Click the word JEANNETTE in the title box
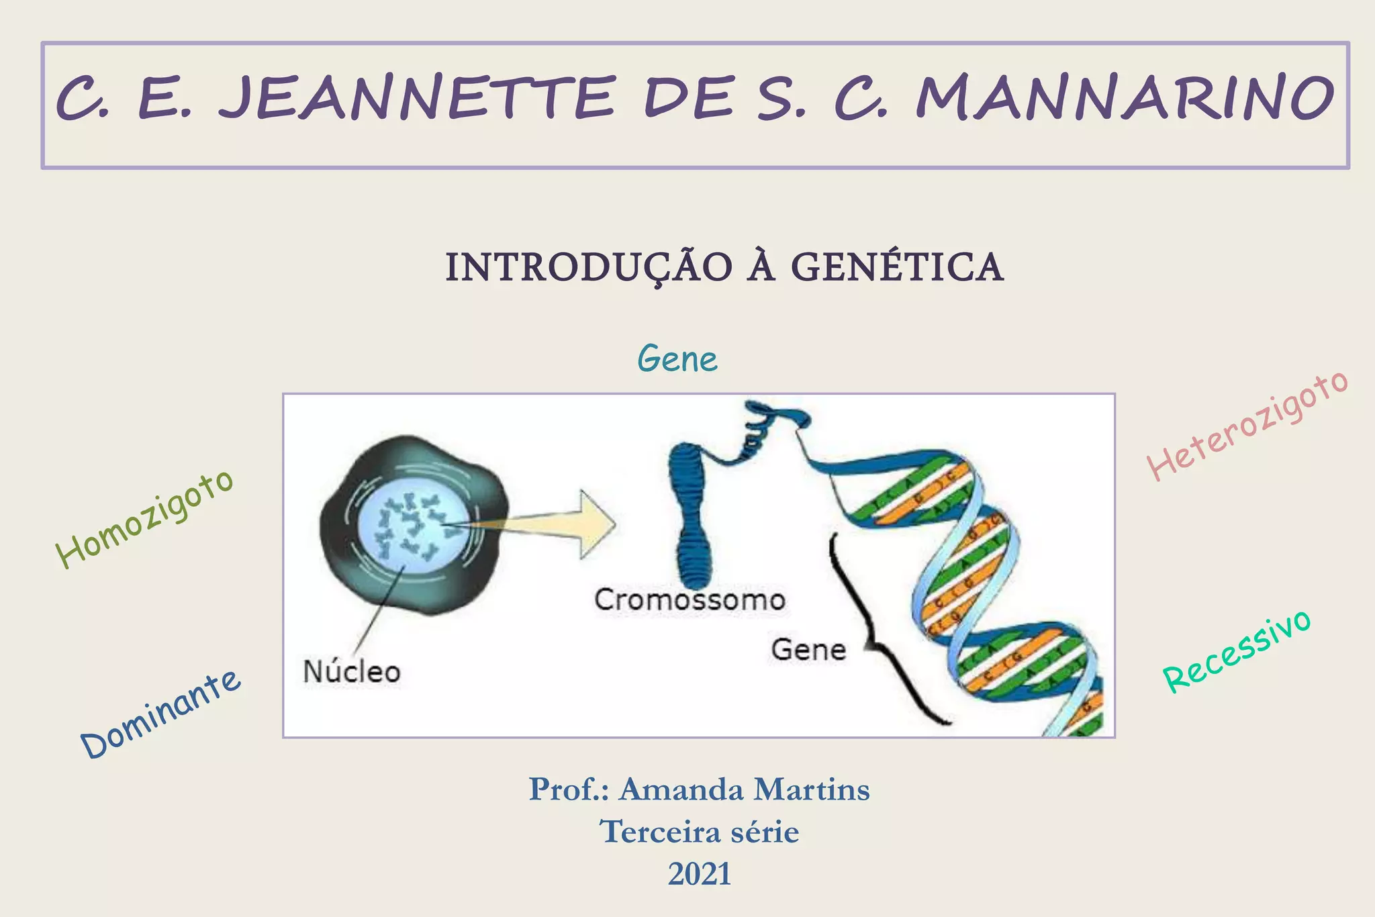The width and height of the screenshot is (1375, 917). [x=416, y=99]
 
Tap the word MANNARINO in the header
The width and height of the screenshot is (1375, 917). [x=1125, y=99]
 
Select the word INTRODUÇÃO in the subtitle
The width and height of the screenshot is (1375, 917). [x=589, y=267]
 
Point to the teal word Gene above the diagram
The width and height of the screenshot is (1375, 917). [x=677, y=358]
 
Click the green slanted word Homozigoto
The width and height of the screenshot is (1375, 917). [x=145, y=518]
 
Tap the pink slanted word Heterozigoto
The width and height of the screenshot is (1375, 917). [x=1247, y=426]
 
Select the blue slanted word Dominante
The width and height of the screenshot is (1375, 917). [x=160, y=714]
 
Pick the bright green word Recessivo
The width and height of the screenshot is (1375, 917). [x=1236, y=651]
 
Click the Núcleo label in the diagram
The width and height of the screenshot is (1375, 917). [x=352, y=671]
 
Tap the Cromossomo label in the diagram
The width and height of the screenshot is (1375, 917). [x=690, y=599]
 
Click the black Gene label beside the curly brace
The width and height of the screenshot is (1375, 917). [x=808, y=650]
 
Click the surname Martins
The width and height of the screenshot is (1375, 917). [x=810, y=789]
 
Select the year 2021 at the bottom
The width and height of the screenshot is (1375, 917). [x=699, y=874]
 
